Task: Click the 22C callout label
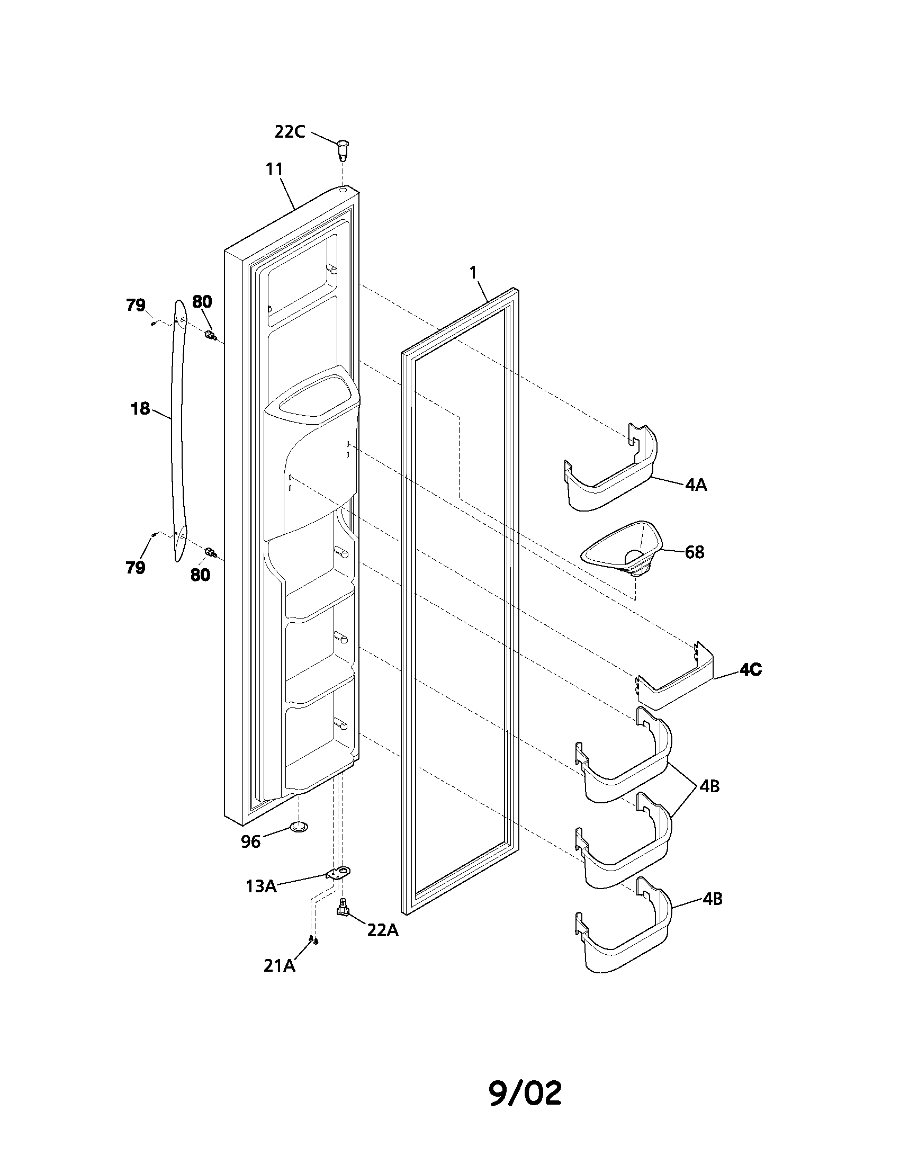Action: (290, 132)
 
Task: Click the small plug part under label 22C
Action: (343, 150)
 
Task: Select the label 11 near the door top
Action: (274, 169)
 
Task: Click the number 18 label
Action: (140, 409)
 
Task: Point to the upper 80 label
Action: (202, 302)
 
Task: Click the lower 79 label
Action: (136, 568)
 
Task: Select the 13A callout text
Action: (260, 886)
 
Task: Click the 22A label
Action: (383, 930)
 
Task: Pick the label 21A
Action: (280, 965)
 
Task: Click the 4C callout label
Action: (750, 669)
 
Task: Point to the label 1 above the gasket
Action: (473, 272)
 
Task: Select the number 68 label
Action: (694, 552)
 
